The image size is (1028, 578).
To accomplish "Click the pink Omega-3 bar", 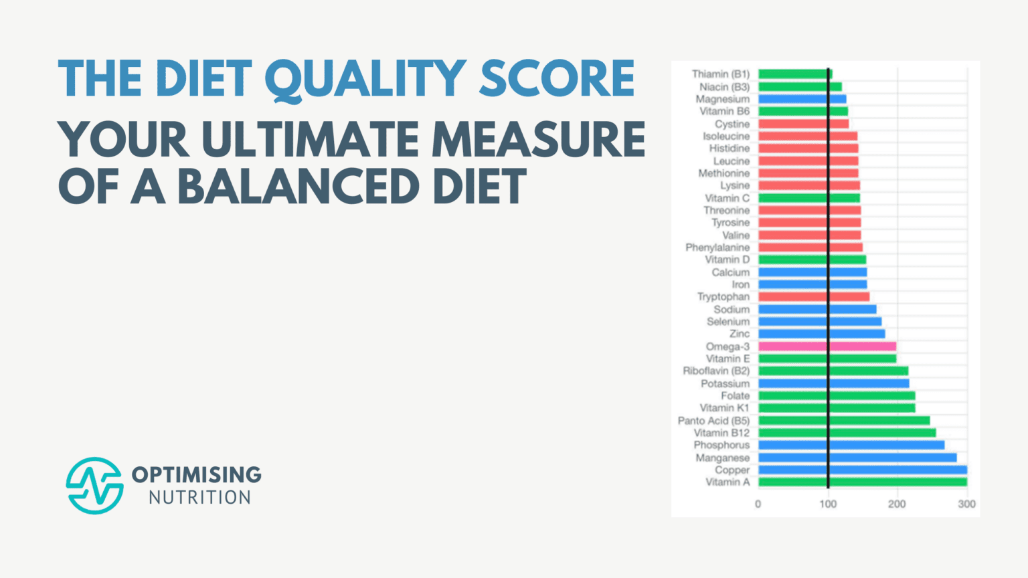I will tap(827, 347).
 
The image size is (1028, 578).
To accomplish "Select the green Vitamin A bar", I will tap(862, 482).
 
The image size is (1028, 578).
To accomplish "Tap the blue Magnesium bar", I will tap(802, 99).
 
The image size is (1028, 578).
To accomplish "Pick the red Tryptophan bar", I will tap(813, 297).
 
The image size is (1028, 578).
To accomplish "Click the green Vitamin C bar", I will tap(808, 198).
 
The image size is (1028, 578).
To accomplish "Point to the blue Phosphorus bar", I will tap(851, 445).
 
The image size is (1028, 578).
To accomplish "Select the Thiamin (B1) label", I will tap(720, 74).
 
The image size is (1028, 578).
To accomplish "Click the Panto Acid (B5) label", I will tap(713, 421).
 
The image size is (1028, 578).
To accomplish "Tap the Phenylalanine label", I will tap(717, 248).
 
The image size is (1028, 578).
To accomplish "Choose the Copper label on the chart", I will tap(732, 470).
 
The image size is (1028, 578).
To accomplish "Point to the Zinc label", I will tap(740, 334).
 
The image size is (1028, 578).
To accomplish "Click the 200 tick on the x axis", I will tap(897, 504).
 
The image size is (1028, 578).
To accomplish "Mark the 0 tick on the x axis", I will tap(758, 504).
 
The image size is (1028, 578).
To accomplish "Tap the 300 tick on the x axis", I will tap(966, 504).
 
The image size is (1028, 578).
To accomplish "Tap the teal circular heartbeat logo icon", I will tap(94, 486).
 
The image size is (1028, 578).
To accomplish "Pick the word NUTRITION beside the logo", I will tap(199, 498).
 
